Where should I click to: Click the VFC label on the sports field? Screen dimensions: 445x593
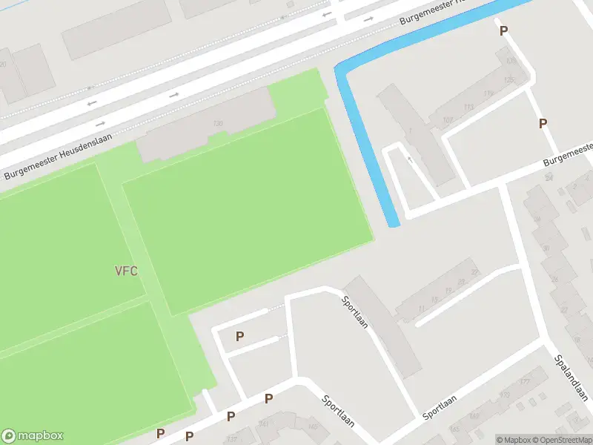(x=126, y=271)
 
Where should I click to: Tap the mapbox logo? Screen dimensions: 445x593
(x=33, y=436)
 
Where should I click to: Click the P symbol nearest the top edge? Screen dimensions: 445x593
(x=503, y=31)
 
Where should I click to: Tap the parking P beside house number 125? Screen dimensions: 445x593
(x=543, y=124)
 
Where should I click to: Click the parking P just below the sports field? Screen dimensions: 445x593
(x=239, y=337)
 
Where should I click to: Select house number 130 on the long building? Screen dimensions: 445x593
(x=218, y=123)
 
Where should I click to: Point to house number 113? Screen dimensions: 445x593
(x=468, y=107)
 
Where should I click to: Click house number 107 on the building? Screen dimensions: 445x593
(x=447, y=119)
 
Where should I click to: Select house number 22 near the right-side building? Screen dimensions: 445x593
(x=474, y=272)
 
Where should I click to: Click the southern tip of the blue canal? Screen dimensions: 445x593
(x=394, y=222)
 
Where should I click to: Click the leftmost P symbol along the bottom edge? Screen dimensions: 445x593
(x=160, y=434)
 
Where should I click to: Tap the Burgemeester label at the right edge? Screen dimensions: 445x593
(x=567, y=154)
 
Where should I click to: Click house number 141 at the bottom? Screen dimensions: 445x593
(x=262, y=425)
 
